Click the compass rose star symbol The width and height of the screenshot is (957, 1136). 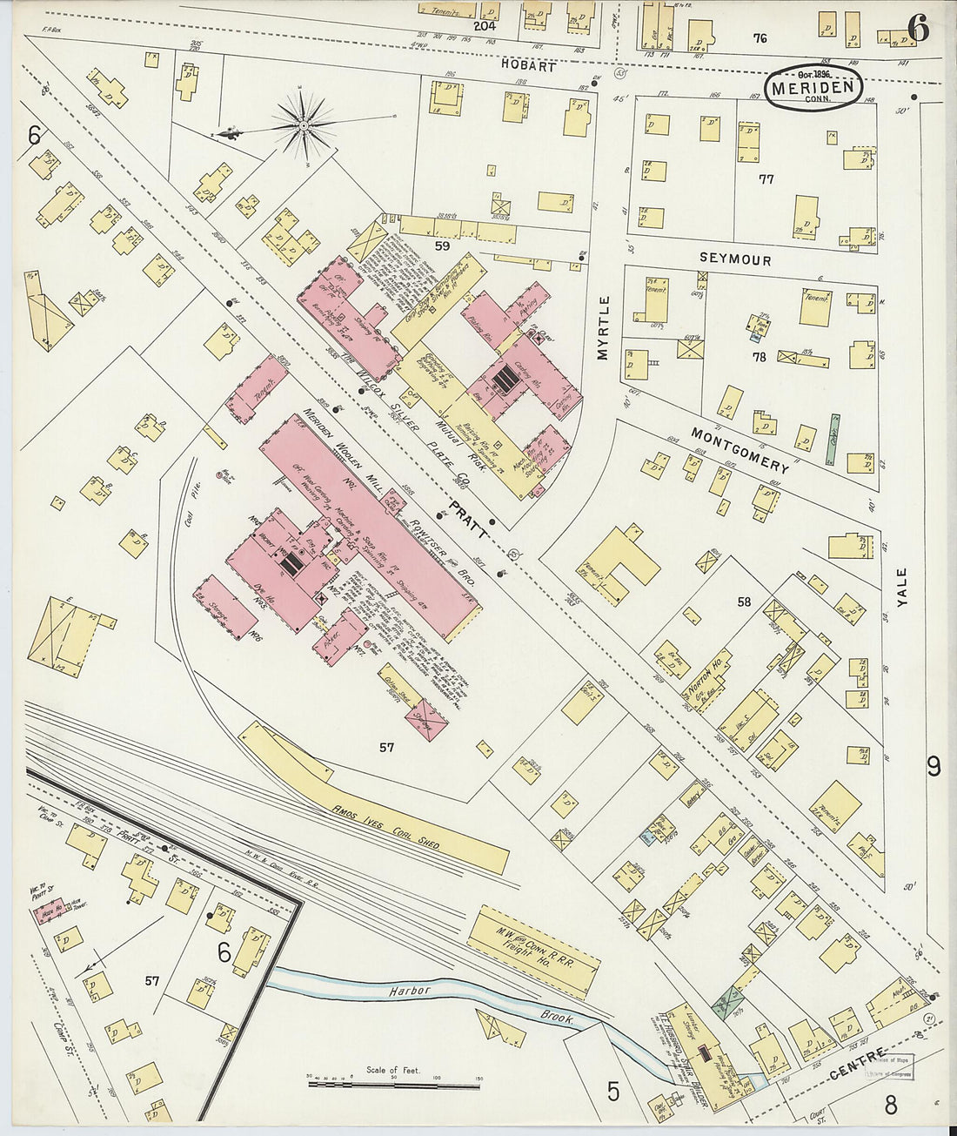coord(304,127)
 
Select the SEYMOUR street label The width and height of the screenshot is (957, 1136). coord(736,259)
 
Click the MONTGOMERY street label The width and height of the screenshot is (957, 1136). coord(739,449)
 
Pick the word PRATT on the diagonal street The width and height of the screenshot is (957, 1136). coord(468,519)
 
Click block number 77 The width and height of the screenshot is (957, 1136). coord(766,180)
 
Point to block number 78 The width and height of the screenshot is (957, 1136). coord(759,356)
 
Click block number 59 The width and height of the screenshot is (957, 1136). coord(442,246)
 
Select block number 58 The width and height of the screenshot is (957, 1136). coord(744,602)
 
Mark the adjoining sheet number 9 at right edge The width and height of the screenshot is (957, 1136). coord(933,766)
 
